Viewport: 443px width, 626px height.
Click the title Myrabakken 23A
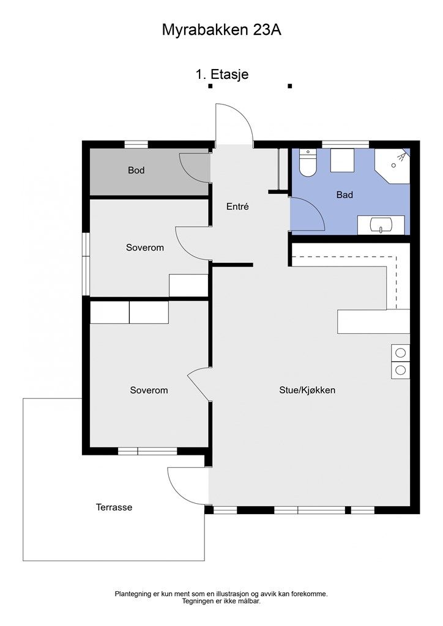click(221, 30)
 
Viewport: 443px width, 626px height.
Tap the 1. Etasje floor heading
click(222, 74)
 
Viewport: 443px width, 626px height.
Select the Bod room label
click(136, 171)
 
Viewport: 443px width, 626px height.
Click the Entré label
click(237, 207)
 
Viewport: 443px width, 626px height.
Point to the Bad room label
click(344, 195)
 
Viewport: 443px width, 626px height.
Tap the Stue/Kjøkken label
click(307, 390)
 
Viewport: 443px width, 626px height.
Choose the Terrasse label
click(114, 507)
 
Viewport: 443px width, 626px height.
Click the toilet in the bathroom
click(308, 163)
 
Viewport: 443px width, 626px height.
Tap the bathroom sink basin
click(381, 225)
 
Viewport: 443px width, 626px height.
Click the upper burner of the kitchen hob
click(400, 353)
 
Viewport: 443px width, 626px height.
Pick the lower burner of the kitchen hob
click(400, 370)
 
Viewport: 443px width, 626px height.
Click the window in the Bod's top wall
click(136, 144)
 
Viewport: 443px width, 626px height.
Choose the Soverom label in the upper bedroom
click(145, 248)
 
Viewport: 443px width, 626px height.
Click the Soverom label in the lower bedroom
click(149, 390)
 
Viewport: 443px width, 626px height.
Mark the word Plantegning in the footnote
click(133, 594)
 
